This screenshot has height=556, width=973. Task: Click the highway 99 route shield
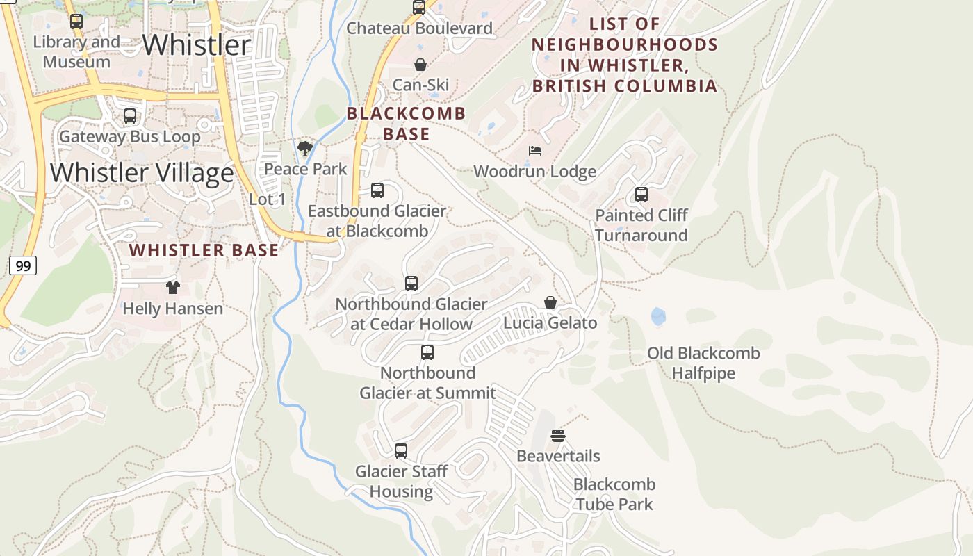click(x=22, y=265)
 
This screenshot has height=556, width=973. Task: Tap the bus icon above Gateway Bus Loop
click(x=129, y=116)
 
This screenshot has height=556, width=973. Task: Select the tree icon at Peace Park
click(x=304, y=148)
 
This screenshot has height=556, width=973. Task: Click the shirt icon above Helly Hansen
click(x=172, y=287)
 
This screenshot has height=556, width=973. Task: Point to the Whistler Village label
click(x=142, y=173)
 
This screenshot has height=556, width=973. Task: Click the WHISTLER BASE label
click(x=204, y=250)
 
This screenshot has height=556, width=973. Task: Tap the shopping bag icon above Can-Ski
click(x=420, y=65)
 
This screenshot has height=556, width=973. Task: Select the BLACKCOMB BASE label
click(x=406, y=124)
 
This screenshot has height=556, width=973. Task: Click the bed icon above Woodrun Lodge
click(x=534, y=151)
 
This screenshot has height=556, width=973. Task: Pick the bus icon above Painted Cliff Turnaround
click(x=641, y=195)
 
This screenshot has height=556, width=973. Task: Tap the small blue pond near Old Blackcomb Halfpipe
click(x=657, y=318)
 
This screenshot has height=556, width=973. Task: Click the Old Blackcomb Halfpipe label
click(x=703, y=363)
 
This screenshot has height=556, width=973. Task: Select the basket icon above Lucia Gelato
click(x=550, y=302)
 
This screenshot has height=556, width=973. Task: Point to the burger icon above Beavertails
click(x=558, y=436)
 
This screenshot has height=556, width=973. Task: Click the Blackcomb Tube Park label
click(x=614, y=494)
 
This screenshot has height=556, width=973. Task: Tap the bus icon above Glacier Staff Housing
click(x=400, y=450)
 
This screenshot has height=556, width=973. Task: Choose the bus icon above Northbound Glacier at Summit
click(x=427, y=352)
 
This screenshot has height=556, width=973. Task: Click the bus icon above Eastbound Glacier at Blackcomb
click(x=377, y=190)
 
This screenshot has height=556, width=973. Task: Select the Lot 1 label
click(x=267, y=199)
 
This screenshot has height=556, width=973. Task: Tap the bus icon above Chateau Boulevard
click(x=418, y=8)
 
